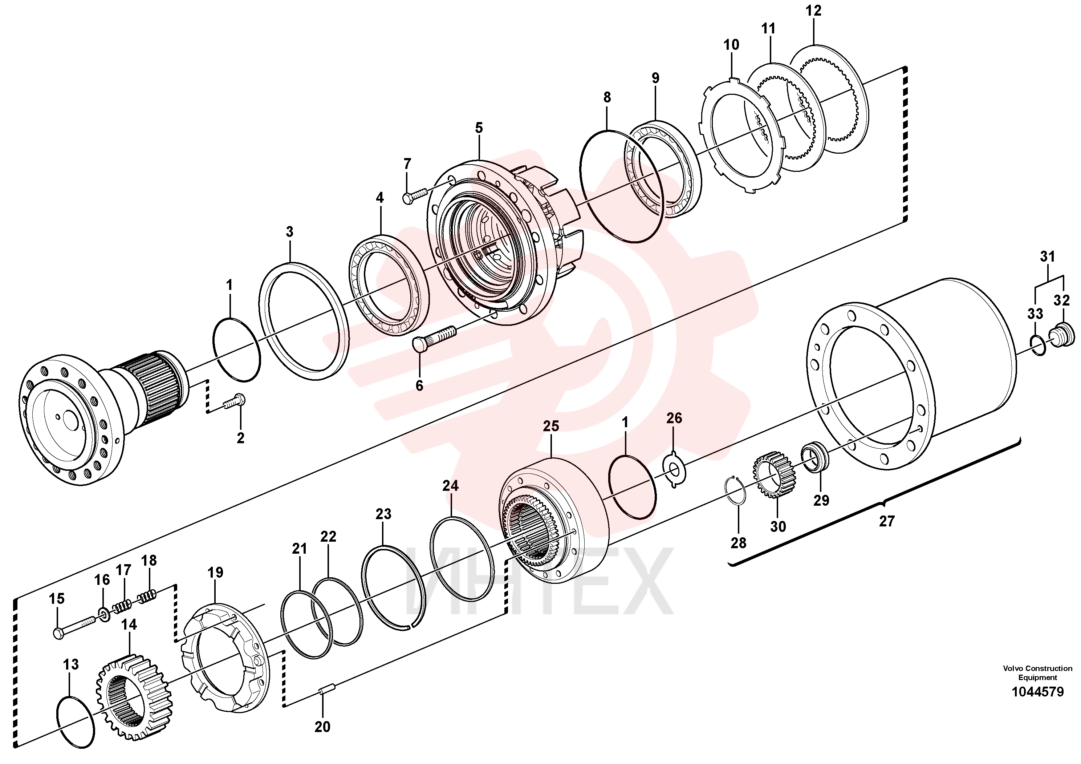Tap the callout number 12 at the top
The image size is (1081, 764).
[813, 11]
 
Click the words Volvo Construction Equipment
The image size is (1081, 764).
[1037, 672]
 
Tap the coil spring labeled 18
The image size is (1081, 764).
[148, 597]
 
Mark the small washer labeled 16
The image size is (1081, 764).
[103, 614]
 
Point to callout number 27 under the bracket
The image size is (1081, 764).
[887, 521]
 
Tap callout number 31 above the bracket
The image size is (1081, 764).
[1047, 257]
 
